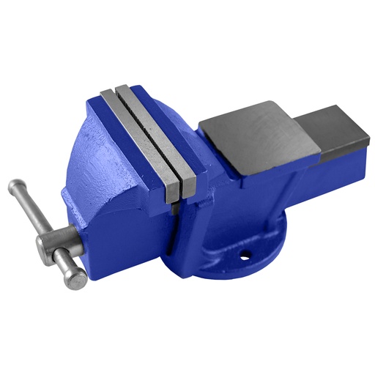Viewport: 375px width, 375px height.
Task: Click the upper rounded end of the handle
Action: (x=15, y=187)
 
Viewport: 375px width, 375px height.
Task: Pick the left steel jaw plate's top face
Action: (x=139, y=139)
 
